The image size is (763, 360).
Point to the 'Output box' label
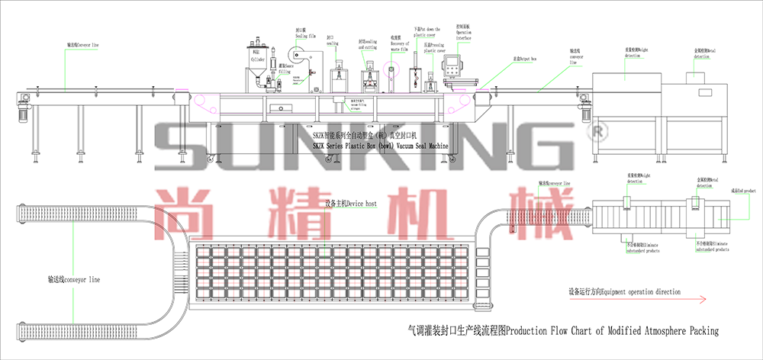[525, 57]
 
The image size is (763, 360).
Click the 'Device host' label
[351, 204]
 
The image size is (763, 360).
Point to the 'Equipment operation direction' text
[623, 291]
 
